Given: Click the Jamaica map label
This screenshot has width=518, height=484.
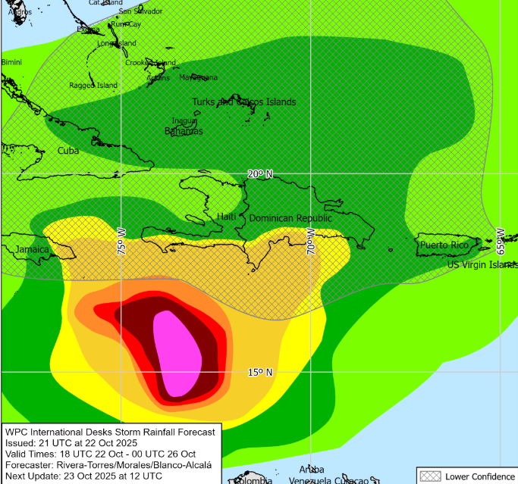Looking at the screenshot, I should point(33,249).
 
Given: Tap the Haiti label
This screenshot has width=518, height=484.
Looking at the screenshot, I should point(227,217).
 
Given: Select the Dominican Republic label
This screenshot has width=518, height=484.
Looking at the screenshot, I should point(290,218).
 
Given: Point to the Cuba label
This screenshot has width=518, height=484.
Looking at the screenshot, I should point(68,151).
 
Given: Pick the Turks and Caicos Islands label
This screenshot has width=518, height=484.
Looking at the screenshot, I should point(243,101).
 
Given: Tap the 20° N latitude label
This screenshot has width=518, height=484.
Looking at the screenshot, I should point(259,174).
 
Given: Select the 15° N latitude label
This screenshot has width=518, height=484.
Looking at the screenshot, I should point(259,372).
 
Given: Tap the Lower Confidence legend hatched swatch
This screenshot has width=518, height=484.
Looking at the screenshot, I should point(432,476).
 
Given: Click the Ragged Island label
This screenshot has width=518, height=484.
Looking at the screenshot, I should point(93,86).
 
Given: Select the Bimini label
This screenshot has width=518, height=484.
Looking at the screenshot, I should point(11,61).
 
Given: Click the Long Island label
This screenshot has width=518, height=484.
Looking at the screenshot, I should point(117,43).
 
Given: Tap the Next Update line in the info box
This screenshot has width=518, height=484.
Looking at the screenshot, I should point(83,476).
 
